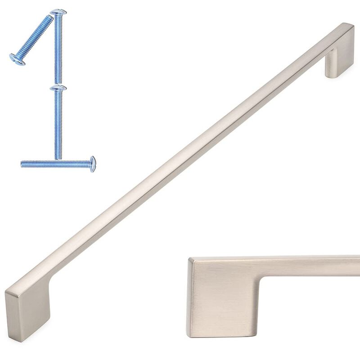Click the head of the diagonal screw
[x=17, y=59]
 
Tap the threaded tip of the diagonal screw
[x=50, y=18]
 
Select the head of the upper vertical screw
[x=58, y=12]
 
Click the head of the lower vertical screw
[x=58, y=88]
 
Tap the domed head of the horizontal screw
[x=92, y=164]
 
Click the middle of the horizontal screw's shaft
[x=56, y=164]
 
